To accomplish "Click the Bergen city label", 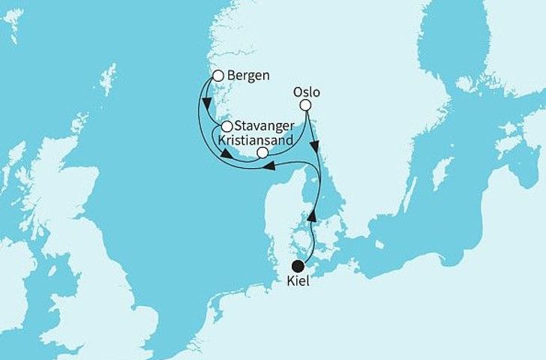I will coord(248,76).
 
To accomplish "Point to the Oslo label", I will coord(305,92).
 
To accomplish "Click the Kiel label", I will coord(300,282).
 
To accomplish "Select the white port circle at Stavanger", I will coord(226,126).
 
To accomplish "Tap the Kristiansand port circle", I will coord(262,152).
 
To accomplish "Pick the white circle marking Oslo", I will coord(305,106).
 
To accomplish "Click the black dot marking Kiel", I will coord(299,265).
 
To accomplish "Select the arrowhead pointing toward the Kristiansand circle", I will coord(225,155).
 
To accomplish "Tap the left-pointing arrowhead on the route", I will coord(268,172).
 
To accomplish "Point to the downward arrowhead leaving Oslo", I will coord(316,145).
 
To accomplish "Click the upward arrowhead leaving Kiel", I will coord(312,215).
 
